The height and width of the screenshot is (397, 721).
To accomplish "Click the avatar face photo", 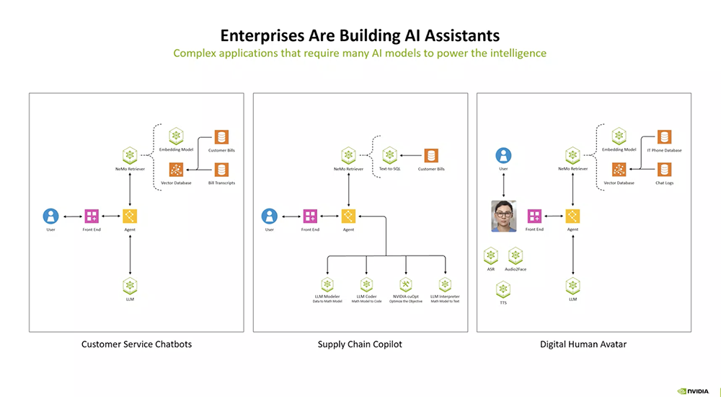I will [x=504, y=215].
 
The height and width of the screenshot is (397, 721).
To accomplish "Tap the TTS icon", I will [x=503, y=289].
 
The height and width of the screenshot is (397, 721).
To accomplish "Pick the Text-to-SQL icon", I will [x=390, y=154].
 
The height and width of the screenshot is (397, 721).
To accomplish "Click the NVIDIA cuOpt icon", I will [x=406, y=284].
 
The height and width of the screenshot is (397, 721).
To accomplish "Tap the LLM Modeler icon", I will [x=327, y=284].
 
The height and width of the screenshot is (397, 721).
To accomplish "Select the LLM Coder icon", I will [x=366, y=284].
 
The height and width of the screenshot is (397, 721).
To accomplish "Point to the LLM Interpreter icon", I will [x=445, y=284].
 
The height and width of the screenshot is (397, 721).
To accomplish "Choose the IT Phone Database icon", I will [x=664, y=137].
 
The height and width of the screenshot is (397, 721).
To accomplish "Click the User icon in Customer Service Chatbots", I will [x=50, y=215].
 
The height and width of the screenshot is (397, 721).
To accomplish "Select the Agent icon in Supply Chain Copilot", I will [x=349, y=215].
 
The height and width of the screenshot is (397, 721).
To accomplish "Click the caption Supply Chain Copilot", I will [x=360, y=344].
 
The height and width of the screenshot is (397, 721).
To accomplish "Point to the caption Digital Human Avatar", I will [x=583, y=344].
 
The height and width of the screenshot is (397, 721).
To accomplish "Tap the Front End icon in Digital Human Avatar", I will [x=534, y=215].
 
